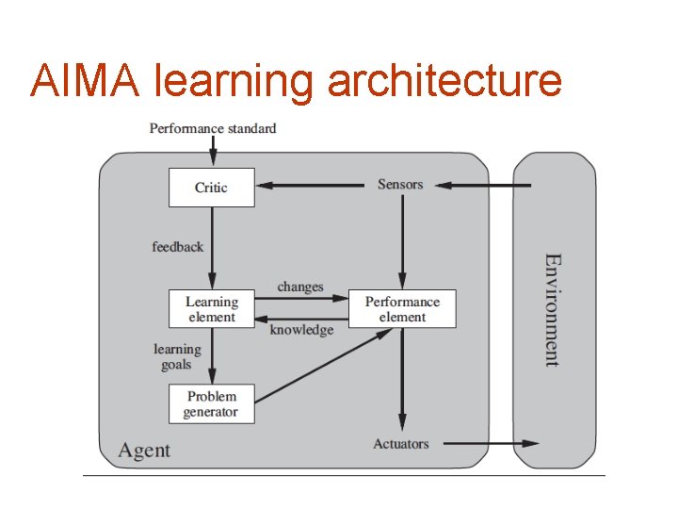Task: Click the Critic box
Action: tap(211, 187)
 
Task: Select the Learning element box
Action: tap(211, 309)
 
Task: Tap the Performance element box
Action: tap(402, 309)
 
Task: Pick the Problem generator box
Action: tap(211, 403)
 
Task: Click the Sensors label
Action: tap(400, 184)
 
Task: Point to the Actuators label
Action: tap(400, 444)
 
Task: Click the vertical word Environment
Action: tap(553, 309)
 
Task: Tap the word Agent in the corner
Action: tap(144, 451)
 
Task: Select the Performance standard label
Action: tap(213, 127)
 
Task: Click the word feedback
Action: tap(177, 247)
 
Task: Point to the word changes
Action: tap(300, 287)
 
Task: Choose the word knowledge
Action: tap(301, 330)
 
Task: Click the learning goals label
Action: tap(177, 356)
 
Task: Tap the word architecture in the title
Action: tap(444, 80)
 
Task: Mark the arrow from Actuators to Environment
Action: tap(490, 443)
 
